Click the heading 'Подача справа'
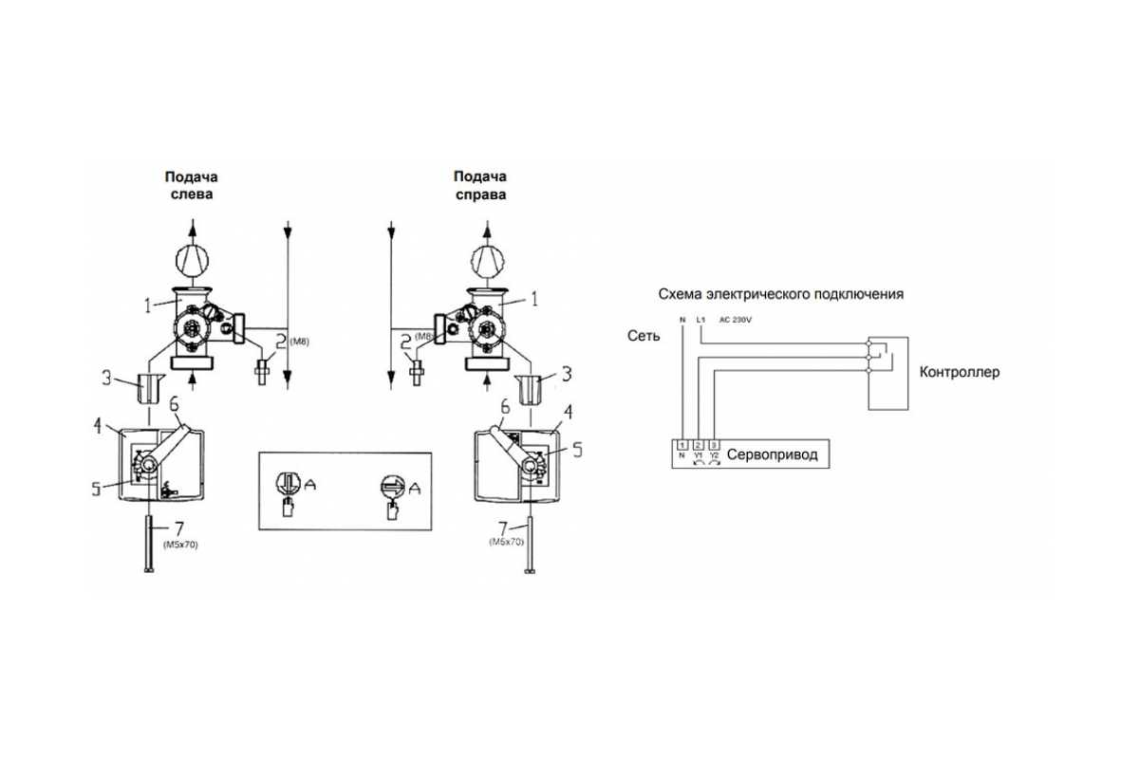point(479,185)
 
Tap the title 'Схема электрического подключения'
point(780,294)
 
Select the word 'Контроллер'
point(960,372)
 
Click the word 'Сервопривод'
point(772,455)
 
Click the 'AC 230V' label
point(738,320)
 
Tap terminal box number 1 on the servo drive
point(682,444)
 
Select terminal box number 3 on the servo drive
point(714,444)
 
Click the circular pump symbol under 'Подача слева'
point(192,258)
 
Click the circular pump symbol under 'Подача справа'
point(492,258)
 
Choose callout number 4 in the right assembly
point(569,413)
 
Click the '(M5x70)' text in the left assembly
point(180,545)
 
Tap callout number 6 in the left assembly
point(174,403)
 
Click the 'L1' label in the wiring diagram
point(700,320)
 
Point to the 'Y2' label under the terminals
point(715,457)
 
